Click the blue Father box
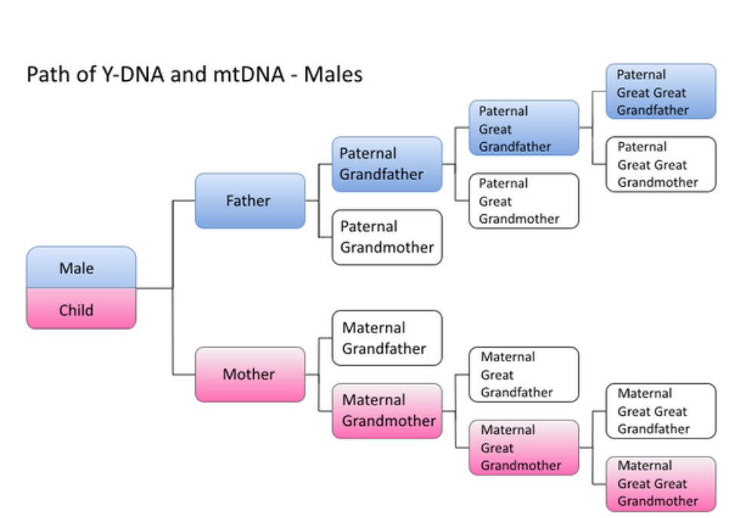click(x=250, y=201)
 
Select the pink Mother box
click(x=250, y=374)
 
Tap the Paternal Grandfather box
click(x=387, y=164)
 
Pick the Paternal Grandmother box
click(x=387, y=237)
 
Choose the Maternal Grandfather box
click(x=387, y=338)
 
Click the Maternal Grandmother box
click(x=387, y=411)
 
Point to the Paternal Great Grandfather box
click(x=524, y=129)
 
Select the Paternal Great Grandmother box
click(x=524, y=201)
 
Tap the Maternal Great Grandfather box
click(x=524, y=374)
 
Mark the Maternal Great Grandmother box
click(x=524, y=447)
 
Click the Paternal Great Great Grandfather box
click(x=661, y=92)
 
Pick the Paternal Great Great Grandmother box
click(x=661, y=164)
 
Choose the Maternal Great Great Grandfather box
click(x=661, y=411)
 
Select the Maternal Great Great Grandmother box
click(x=661, y=483)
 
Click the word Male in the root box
click(x=76, y=268)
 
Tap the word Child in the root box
click(x=76, y=310)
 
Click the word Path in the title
click(x=45, y=75)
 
